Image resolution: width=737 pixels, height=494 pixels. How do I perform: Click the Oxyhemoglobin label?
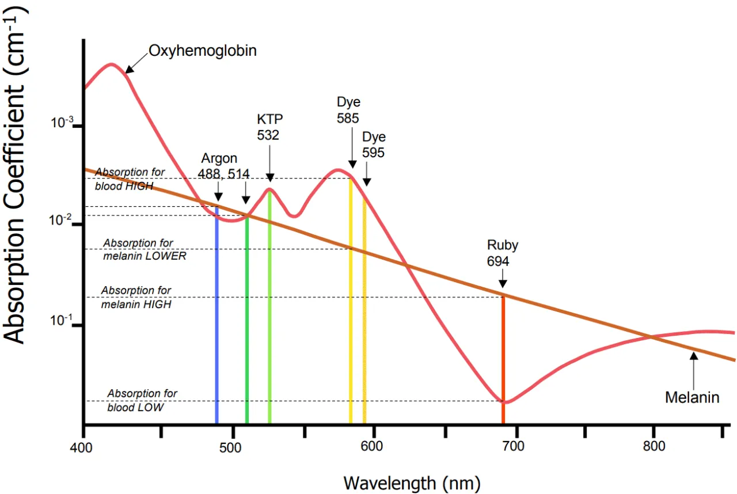click(202, 51)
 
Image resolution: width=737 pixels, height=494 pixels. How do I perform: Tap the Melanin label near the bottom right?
click(692, 397)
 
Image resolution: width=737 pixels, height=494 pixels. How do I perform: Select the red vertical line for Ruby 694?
click(503, 357)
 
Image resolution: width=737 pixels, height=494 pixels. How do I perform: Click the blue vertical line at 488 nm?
click(216, 317)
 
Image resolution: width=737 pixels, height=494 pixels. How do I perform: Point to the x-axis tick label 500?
click(231, 446)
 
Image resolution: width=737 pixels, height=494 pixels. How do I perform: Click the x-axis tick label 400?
click(84, 446)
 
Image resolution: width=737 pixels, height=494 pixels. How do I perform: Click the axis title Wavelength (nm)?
click(411, 481)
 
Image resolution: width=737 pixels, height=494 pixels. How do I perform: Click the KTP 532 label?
click(270, 127)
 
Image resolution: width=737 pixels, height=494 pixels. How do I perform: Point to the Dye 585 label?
click(348, 111)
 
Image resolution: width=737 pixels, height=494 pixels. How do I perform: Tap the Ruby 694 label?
click(503, 253)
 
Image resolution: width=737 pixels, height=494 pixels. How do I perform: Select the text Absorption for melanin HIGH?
click(136, 297)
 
